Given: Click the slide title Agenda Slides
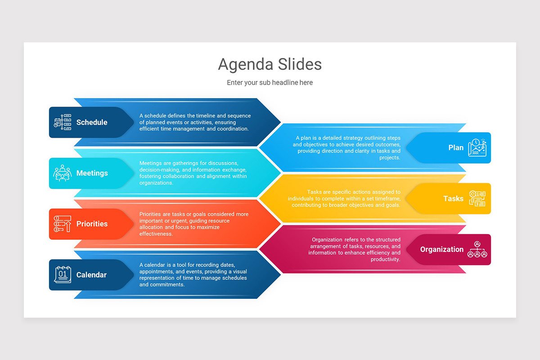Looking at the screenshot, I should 270,64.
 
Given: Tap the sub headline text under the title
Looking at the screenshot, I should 270,83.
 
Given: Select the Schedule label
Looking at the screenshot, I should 92,122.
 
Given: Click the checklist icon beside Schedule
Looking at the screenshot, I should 63,122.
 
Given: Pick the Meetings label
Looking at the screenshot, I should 92,173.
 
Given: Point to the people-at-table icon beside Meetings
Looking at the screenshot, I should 63,173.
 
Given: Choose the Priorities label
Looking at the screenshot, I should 92,224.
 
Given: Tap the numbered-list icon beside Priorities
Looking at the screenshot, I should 63,224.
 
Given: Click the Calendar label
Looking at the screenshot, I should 91,275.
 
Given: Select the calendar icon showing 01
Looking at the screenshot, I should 63,274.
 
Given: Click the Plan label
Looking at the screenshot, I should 456,148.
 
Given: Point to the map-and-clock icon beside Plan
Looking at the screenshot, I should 477,148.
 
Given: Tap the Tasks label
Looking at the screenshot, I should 453,198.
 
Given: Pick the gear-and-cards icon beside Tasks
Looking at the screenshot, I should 477,198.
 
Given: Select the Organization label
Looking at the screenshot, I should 441,249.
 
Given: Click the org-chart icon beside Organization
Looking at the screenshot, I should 477,249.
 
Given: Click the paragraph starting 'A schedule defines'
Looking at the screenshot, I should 194,122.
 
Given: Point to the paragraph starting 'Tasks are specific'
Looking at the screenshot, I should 344,198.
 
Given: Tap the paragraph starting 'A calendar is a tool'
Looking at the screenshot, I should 193,274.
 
